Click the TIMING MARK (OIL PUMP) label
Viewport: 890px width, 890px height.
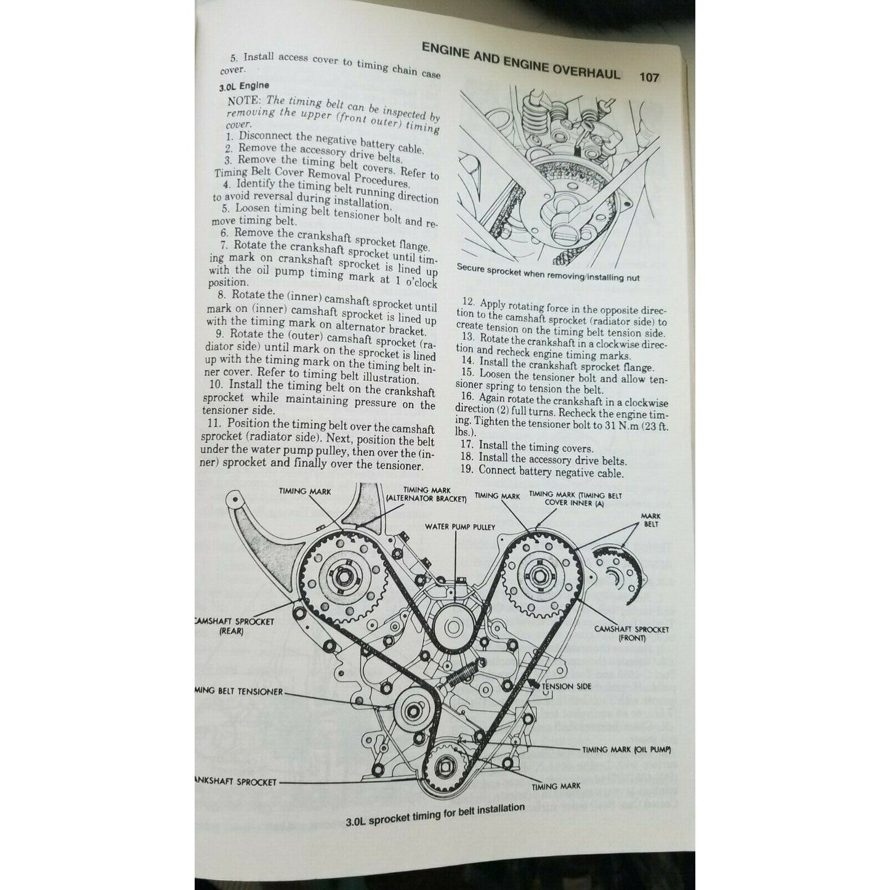pyautogui.click(x=626, y=750)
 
